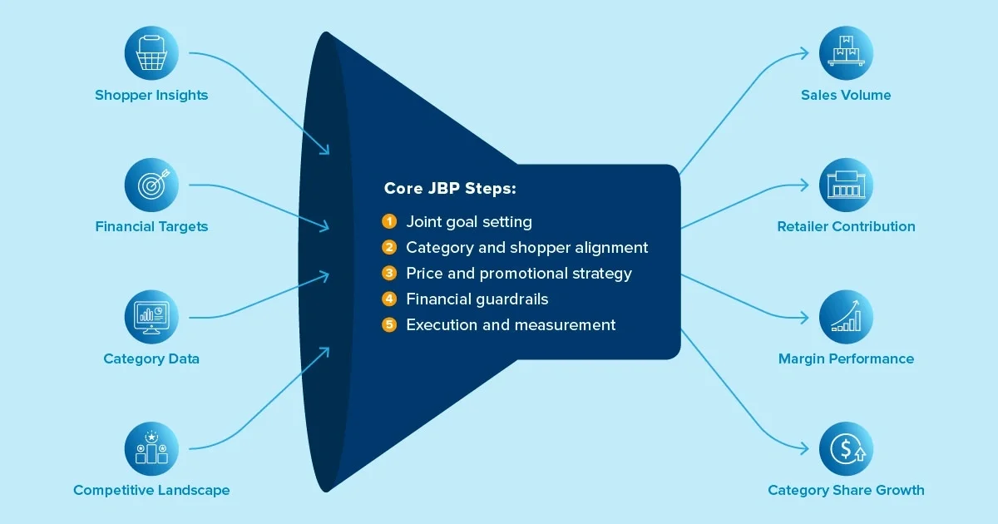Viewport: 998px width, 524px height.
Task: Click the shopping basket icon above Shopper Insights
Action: coord(151,52)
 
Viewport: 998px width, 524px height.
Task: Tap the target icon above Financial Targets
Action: coord(151,184)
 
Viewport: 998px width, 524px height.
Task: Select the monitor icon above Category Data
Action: coord(151,316)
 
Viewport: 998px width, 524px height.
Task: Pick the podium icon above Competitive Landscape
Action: coord(151,447)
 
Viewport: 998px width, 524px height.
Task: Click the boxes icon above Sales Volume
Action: coord(846,52)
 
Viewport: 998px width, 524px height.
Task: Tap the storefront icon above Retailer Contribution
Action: coord(846,184)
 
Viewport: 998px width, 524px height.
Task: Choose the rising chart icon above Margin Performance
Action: coord(846,316)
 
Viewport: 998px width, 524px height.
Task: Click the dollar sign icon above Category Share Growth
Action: coord(846,447)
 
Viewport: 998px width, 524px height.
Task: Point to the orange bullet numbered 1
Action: coord(389,221)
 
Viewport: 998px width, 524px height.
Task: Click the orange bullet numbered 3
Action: coord(389,273)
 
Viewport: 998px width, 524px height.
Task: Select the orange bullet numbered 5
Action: coord(389,324)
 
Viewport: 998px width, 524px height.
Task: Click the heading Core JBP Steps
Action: coord(450,189)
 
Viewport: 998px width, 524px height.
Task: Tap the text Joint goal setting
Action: coord(469,222)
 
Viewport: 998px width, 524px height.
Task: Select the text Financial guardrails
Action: coord(477,299)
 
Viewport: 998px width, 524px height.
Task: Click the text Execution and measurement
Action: coord(511,324)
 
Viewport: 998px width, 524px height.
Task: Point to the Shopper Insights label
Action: coord(151,95)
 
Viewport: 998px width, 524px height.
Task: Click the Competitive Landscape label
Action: coord(151,490)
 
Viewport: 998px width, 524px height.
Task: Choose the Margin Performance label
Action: coord(846,358)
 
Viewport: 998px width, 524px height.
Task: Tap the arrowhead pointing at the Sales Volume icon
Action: coord(804,53)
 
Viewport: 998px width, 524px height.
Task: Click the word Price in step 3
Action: coord(423,273)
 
